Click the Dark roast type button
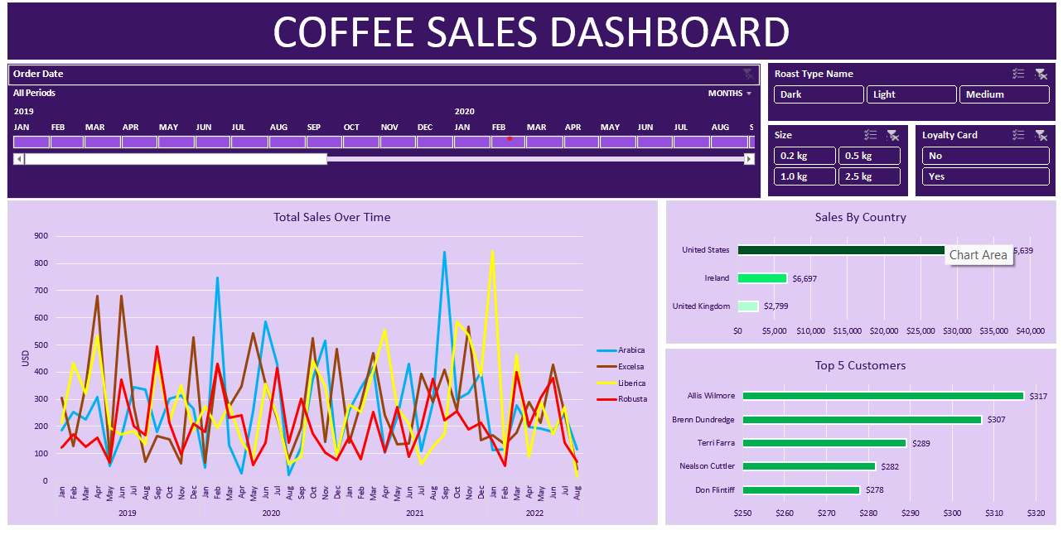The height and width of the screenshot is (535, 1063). [x=819, y=94]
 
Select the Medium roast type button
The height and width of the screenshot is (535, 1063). [x=1004, y=94]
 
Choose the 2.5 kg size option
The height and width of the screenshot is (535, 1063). [x=868, y=176]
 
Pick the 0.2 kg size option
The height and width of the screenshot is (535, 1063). [x=804, y=156]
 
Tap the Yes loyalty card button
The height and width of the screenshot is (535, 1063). [x=985, y=176]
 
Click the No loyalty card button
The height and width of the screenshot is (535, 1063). [x=985, y=156]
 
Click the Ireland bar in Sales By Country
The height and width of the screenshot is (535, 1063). [x=762, y=278]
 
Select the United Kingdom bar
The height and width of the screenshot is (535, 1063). [x=747, y=306]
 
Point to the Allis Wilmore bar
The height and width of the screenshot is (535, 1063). [x=882, y=396]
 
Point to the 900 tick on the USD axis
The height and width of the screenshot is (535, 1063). [x=41, y=236]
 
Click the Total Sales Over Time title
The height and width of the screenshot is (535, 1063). [x=332, y=218]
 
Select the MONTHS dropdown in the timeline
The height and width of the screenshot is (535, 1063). [x=730, y=94]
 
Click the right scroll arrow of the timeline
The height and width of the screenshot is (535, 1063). [x=749, y=159]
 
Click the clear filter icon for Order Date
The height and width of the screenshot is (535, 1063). [x=747, y=74]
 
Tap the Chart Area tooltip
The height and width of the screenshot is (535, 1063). [x=978, y=255]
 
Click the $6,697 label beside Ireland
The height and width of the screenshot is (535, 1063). [x=804, y=279]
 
